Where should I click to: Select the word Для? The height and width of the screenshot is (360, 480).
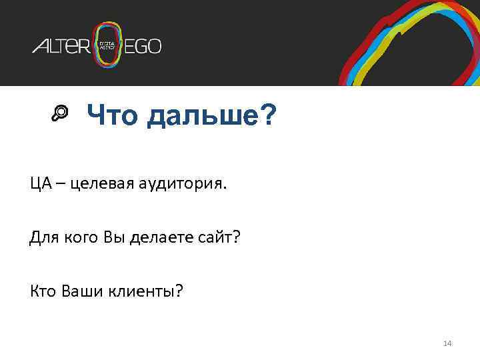coord(42,237)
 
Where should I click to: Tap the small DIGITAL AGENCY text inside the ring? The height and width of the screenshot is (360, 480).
coord(108,46)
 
